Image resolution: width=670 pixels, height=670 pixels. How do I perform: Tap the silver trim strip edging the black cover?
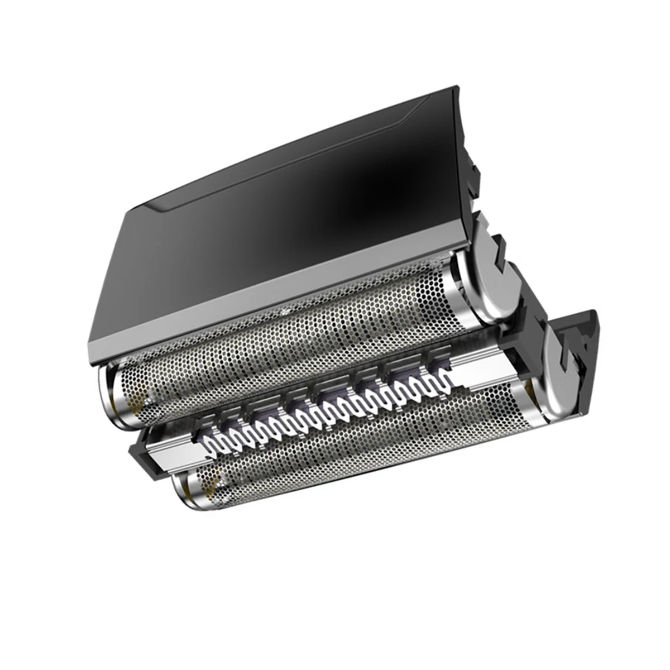coord(268,313)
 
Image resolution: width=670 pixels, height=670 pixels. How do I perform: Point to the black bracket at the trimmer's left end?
coord(140,452)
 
